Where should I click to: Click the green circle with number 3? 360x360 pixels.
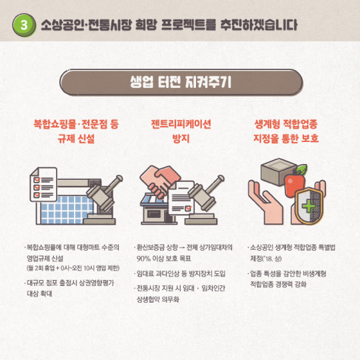pyautogui.click(x=24, y=25)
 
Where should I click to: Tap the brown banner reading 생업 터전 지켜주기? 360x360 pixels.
pyautogui.click(x=181, y=82)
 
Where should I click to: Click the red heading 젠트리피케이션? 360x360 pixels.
pyautogui.click(x=181, y=124)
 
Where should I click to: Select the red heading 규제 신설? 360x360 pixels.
pyautogui.click(x=76, y=139)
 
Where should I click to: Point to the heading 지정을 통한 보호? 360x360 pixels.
pyautogui.click(x=286, y=139)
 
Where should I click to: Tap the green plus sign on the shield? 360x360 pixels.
pyautogui.click(x=309, y=206)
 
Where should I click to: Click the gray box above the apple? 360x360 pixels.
pyautogui.click(x=279, y=171)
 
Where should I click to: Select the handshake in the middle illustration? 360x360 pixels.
pyautogui.click(x=160, y=181)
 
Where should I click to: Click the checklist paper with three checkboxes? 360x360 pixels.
pyautogui.click(x=43, y=185)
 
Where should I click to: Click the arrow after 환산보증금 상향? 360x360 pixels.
pyautogui.click(x=182, y=248)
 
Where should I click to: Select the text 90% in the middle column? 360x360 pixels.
pyautogui.click(x=144, y=259)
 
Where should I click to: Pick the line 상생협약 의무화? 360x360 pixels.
pyautogui.click(x=158, y=299)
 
